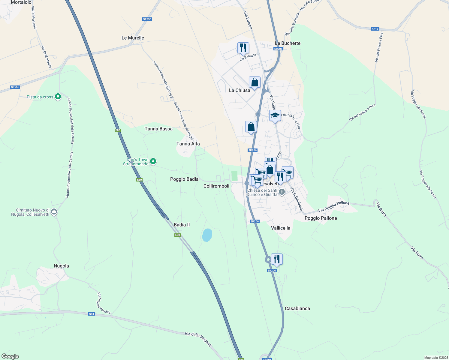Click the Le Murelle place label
click(x=133, y=38)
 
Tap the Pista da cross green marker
click(x=58, y=97)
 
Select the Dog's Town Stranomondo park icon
click(x=153, y=161)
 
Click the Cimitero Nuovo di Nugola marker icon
click(x=54, y=212)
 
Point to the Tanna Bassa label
click(x=158, y=129)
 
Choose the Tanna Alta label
click(x=188, y=144)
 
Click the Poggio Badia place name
click(x=184, y=179)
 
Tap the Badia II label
click(x=182, y=225)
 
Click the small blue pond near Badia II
click(x=207, y=235)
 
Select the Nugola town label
click(x=61, y=266)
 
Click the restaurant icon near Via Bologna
click(x=243, y=48)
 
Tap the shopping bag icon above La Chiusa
click(x=255, y=82)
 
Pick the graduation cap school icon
click(x=275, y=115)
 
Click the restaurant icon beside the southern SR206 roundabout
click(x=277, y=259)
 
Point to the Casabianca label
click(x=297, y=308)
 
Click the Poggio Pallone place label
click(x=321, y=218)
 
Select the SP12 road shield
click(x=375, y=29)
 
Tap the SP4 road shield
click(x=92, y=314)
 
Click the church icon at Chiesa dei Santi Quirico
click(x=282, y=192)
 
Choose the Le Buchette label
click(x=288, y=43)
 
